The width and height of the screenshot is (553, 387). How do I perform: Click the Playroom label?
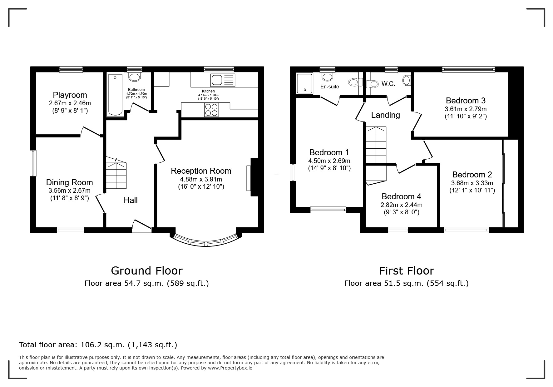[x=70, y=95]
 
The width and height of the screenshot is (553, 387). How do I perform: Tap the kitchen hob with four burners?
[x=211, y=110]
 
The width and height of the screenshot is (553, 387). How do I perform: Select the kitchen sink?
[x=223, y=80]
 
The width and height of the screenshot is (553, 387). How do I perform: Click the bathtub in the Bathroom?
[x=115, y=95]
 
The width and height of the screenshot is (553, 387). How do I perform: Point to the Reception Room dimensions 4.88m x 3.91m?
[x=201, y=179]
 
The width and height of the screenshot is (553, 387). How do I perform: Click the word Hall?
[x=131, y=200]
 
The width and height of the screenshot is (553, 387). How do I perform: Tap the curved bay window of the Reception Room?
[x=206, y=242]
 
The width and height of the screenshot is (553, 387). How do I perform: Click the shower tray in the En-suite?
[x=304, y=83]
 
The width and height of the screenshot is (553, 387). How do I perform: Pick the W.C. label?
[x=388, y=84]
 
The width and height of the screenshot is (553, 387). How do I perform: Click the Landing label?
[x=385, y=115]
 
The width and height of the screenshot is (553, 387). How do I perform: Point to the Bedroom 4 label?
[x=401, y=196]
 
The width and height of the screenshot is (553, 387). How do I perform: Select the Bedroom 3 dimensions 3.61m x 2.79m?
[x=466, y=109]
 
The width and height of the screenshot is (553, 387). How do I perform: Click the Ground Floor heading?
[x=146, y=270]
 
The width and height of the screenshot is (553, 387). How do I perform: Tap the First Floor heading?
[x=406, y=270]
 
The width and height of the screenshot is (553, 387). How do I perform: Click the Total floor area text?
[x=98, y=345]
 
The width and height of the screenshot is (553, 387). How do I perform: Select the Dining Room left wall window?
[x=33, y=163]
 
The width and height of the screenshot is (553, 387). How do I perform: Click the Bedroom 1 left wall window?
[x=293, y=172]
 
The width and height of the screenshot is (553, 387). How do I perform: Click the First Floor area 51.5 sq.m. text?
[x=406, y=283]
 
